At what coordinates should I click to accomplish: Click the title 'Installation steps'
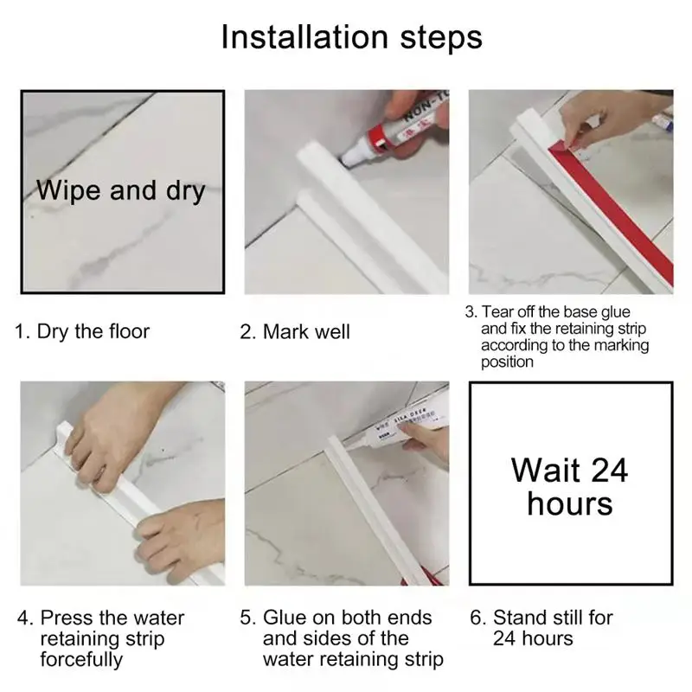352,38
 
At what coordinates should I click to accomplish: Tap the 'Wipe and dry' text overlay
120,190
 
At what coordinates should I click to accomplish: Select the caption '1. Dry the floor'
82,331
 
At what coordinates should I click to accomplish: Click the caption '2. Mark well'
295,332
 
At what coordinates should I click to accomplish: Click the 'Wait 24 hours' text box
571,484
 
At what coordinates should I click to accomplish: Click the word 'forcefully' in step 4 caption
81,659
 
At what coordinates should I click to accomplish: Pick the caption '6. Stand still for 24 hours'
541,628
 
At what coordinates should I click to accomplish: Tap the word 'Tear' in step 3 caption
496,311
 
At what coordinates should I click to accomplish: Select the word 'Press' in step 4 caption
67,618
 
